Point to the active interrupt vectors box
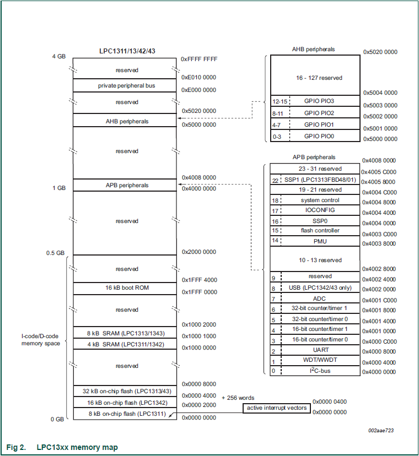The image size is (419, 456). [x=276, y=408]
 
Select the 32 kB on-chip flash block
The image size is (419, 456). [x=125, y=391]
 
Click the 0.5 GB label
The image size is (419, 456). [x=56, y=253]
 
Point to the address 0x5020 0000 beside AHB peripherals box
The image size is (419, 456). [x=380, y=52]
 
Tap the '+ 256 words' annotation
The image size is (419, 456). [x=238, y=398]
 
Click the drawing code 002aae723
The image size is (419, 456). [x=382, y=431]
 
